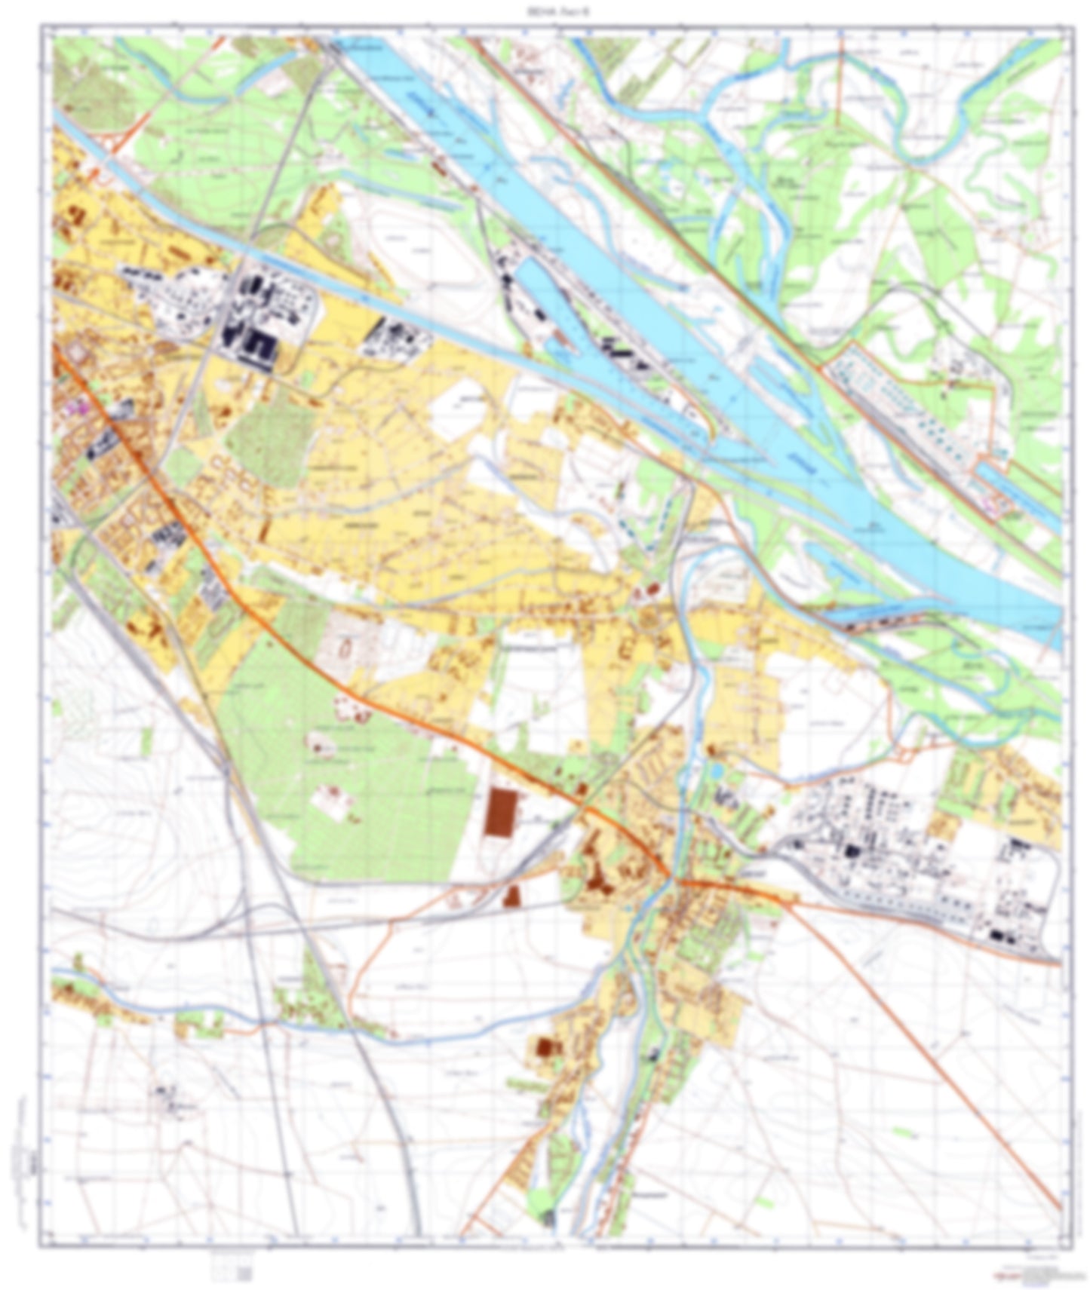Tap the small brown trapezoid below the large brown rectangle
(x=511, y=896)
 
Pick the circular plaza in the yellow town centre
(x=649, y=620)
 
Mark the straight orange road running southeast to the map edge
(x=928, y=1056)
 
